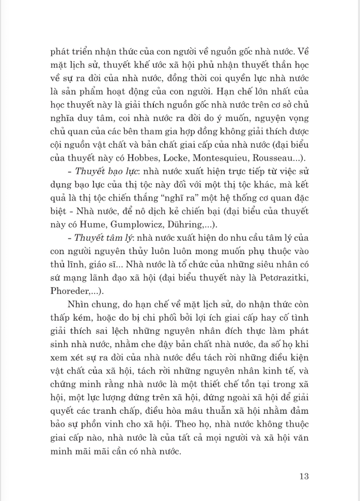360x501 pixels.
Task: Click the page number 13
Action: pyautogui.click(x=304, y=476)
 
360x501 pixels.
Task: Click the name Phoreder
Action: pyautogui.click(x=70, y=291)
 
